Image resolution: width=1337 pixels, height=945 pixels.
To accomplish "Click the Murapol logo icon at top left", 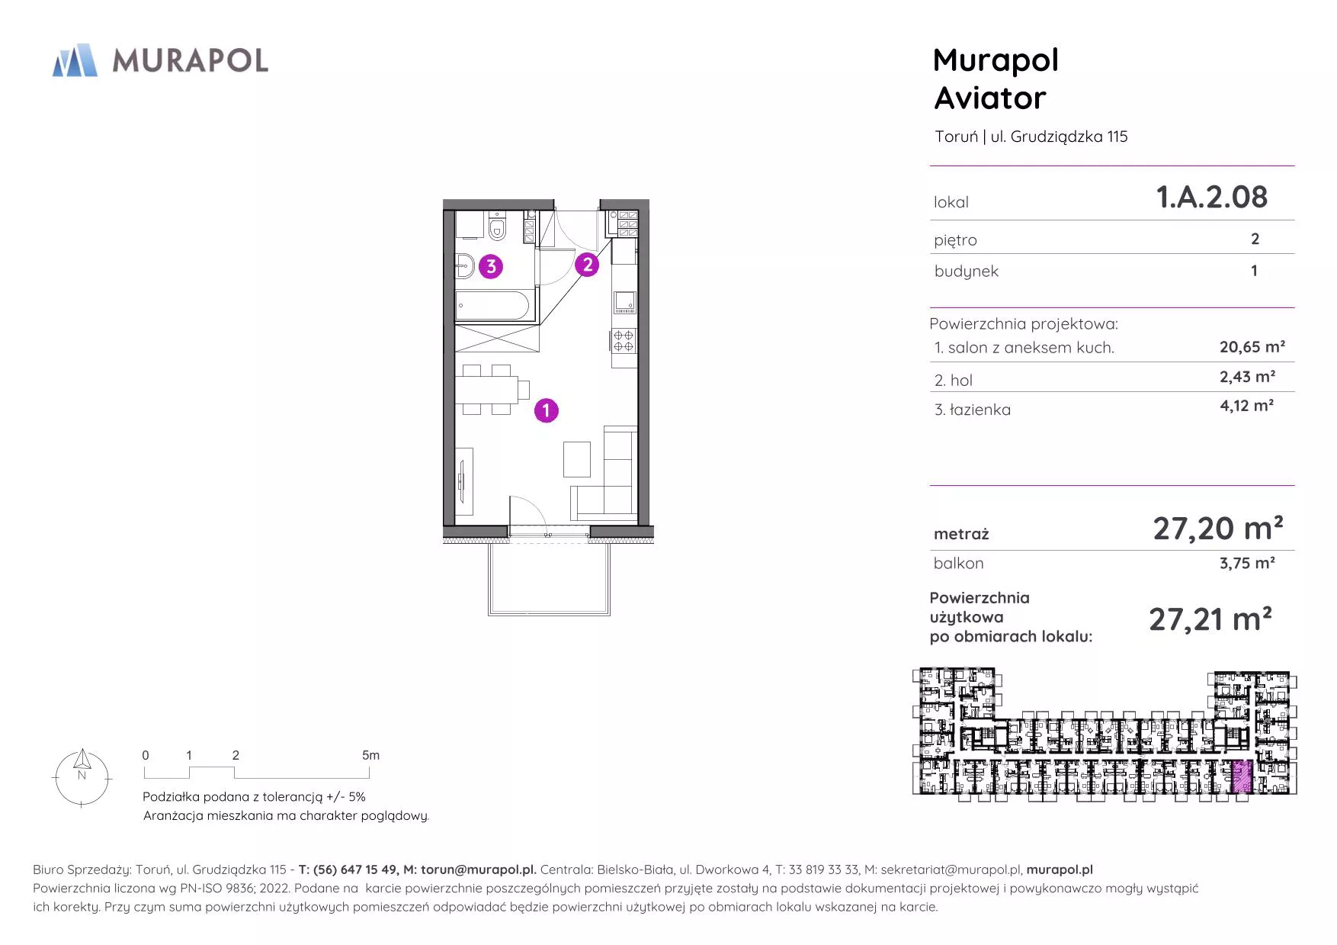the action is (x=75, y=60).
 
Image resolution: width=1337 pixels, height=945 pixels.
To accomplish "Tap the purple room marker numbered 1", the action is (x=546, y=410).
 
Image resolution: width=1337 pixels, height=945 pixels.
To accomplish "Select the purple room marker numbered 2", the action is (x=587, y=265).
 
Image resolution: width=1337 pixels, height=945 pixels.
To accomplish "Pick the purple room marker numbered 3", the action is (x=491, y=266).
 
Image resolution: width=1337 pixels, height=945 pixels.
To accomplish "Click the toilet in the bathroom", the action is (x=498, y=227).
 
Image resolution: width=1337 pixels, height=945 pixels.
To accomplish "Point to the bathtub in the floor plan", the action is (x=492, y=306).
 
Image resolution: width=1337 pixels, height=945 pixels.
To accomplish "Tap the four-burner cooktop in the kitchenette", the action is (x=624, y=340).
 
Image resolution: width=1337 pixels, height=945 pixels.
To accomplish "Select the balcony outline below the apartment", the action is (x=549, y=613).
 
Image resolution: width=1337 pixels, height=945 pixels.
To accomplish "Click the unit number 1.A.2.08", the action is (x=1212, y=197).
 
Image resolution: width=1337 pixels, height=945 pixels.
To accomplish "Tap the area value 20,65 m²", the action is (x=1252, y=347).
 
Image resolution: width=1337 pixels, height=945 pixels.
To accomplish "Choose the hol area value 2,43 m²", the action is (x=1247, y=377).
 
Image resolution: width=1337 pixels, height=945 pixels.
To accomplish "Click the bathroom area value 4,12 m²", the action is (x=1246, y=406).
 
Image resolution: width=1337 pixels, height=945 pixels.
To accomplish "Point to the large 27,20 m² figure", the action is (x=1217, y=528).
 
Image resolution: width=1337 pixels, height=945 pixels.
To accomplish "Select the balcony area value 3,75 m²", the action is (x=1247, y=563).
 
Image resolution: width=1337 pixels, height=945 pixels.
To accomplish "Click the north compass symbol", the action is (x=82, y=777).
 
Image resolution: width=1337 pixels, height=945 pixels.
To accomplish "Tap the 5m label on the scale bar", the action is (x=370, y=755).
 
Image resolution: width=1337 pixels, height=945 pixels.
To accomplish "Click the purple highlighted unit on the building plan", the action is (x=1242, y=777).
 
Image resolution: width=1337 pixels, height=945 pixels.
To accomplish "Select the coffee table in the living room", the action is (x=577, y=459).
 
